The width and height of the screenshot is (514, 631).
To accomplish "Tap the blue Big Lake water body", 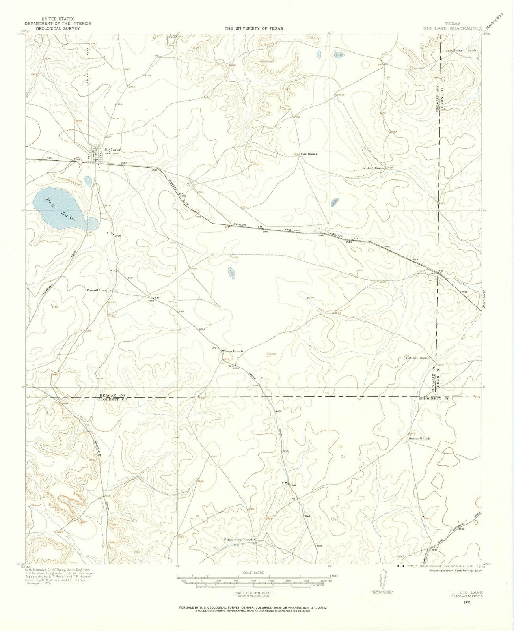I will (59, 209).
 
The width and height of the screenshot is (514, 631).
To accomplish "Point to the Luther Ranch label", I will (373, 168).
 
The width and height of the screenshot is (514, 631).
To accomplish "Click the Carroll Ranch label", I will (99, 290).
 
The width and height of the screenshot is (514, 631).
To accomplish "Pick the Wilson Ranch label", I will (232, 351).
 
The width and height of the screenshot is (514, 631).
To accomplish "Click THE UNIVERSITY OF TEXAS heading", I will (253, 28).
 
